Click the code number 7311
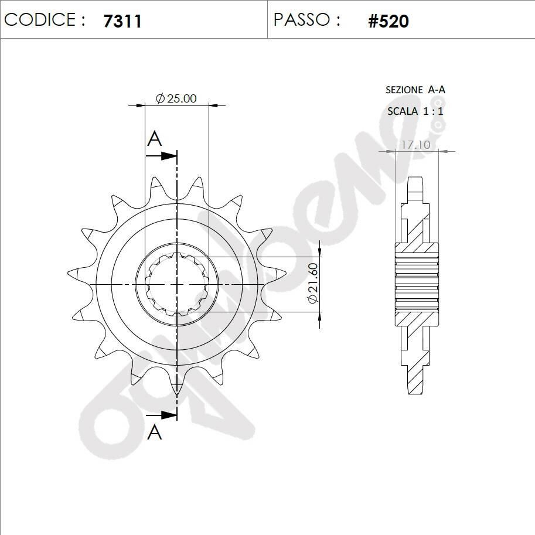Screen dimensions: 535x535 coord(122,21)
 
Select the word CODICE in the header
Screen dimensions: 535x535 coord(40,19)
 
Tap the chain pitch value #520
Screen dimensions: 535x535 coord(389,21)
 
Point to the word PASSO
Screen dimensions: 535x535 coord(302,19)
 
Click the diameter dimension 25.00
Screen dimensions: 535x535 coord(176,98)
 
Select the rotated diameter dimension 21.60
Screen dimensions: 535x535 coord(313,283)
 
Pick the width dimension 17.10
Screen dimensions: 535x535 coord(415,145)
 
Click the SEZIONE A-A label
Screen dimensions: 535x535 coord(415,90)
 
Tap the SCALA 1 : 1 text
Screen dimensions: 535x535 coord(415,111)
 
